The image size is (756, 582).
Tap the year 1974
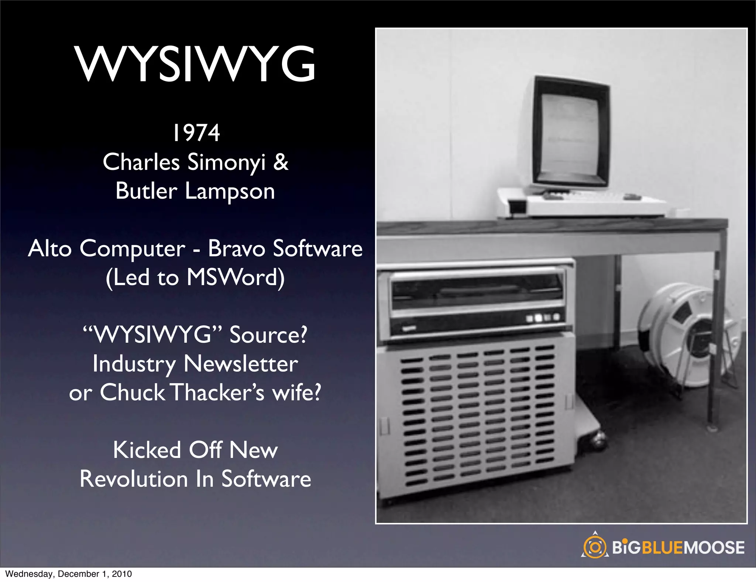196,133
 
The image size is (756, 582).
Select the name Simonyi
226,162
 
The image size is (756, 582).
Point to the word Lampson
230,191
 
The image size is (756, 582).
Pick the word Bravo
236,248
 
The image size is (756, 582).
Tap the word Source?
268,335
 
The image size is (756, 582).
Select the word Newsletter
241,364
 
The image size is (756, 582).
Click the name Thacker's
218,392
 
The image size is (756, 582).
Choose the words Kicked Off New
195,450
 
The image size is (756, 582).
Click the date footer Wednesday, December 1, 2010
69,574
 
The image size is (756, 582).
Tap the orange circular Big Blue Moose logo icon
594,547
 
